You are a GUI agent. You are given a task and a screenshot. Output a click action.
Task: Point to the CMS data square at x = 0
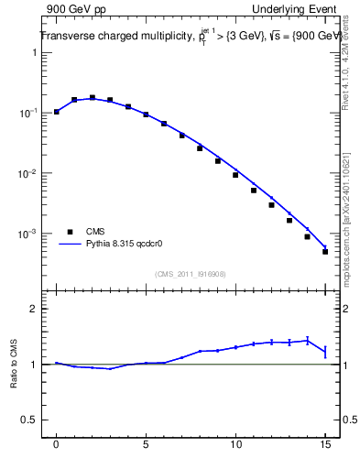[x=57, y=112]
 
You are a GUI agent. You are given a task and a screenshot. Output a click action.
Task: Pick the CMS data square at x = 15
[x=325, y=252]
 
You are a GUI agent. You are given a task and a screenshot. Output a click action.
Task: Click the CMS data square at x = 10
[x=235, y=175]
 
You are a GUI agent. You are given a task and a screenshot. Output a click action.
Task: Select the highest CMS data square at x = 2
[x=93, y=97]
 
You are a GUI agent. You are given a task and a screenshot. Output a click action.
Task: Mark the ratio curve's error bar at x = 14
[x=308, y=340]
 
